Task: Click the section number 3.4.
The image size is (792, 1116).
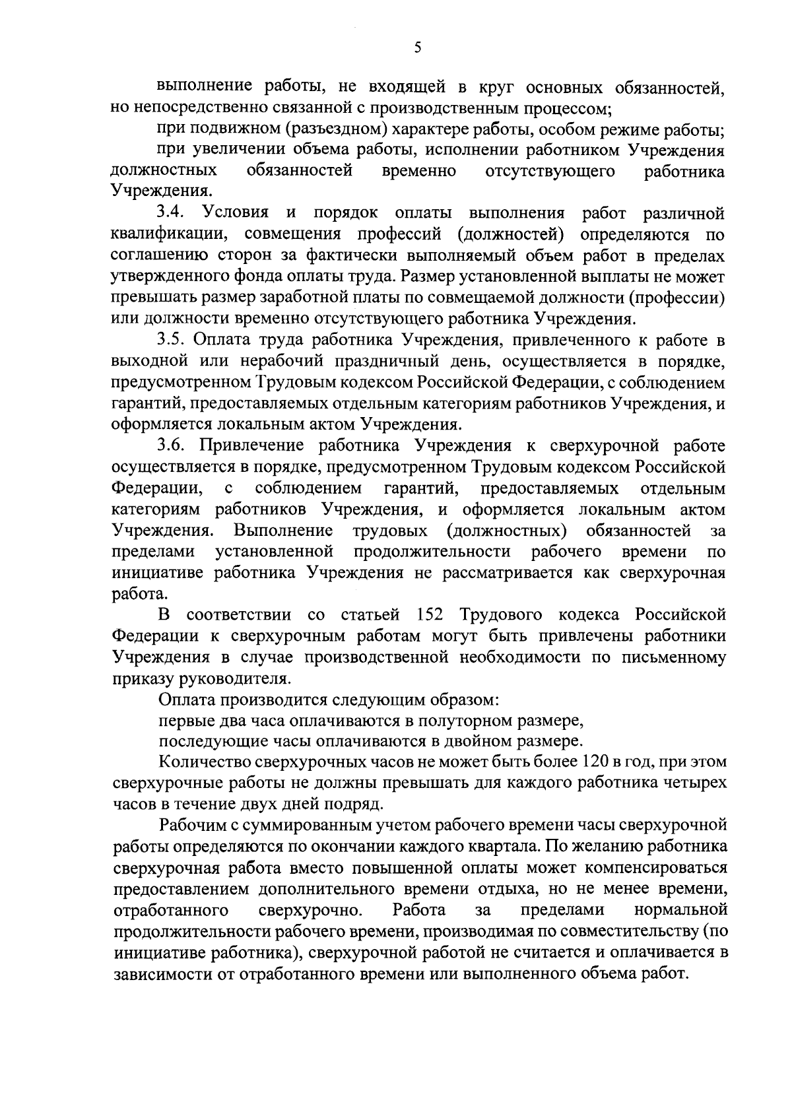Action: (x=174, y=213)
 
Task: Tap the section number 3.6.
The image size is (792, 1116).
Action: (x=174, y=446)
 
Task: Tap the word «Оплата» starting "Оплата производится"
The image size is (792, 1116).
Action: (x=187, y=699)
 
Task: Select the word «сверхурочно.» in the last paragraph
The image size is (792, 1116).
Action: (x=310, y=910)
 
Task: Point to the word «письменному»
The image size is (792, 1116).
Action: (x=672, y=657)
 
